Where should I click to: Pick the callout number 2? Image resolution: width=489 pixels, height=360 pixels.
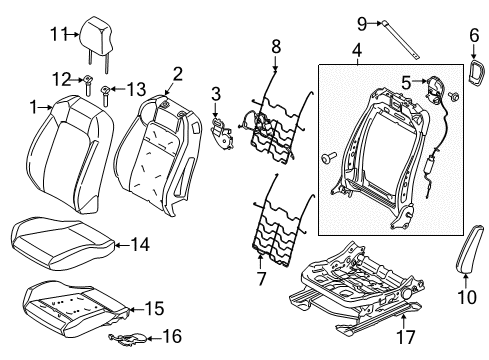177,72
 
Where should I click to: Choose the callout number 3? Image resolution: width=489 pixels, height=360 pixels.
215,94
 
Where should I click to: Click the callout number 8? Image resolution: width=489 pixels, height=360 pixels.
277,45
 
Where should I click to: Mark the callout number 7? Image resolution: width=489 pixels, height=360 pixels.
260,277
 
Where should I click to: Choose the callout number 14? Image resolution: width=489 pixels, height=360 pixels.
139,244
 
